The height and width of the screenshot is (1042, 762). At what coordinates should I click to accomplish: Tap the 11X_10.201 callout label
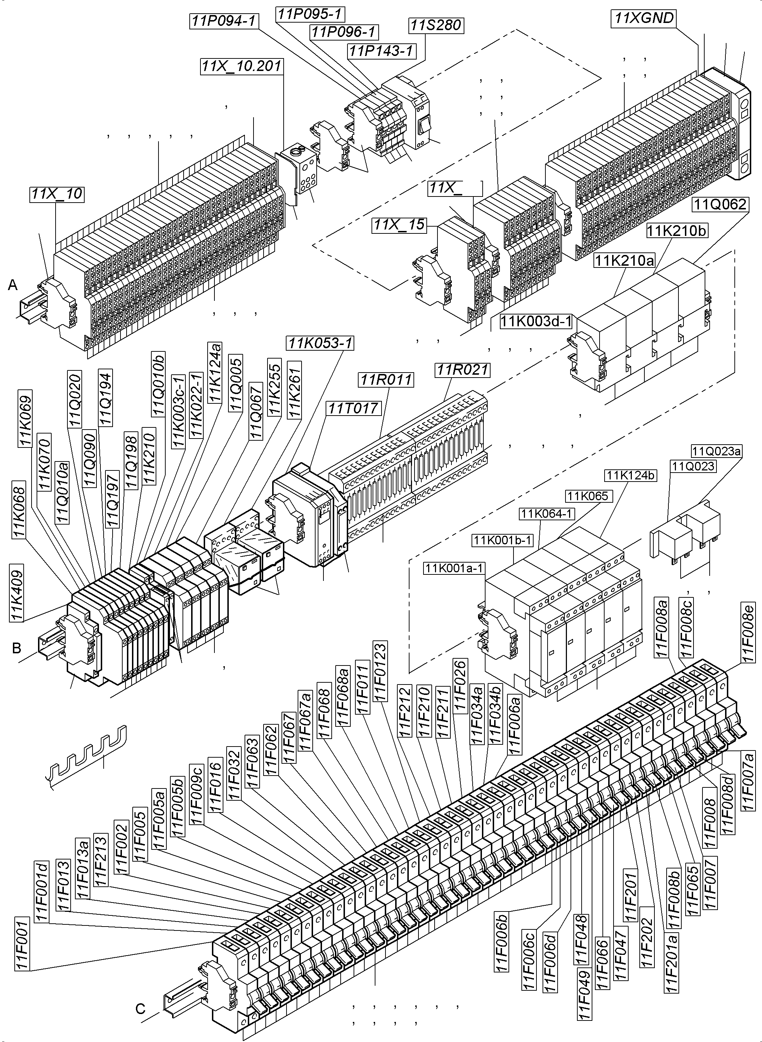point(241,66)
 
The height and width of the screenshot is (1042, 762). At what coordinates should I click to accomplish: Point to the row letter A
point(13,285)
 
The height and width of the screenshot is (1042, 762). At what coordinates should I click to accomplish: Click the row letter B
point(16,648)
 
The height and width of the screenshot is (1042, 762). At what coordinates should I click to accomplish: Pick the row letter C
point(141,1009)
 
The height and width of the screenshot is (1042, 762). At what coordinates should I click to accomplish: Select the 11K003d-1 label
point(536,321)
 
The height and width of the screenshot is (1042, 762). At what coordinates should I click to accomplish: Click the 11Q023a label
point(716,451)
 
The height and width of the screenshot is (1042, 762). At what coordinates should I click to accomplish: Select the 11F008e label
point(747,631)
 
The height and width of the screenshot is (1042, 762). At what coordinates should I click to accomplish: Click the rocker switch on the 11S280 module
point(423,126)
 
